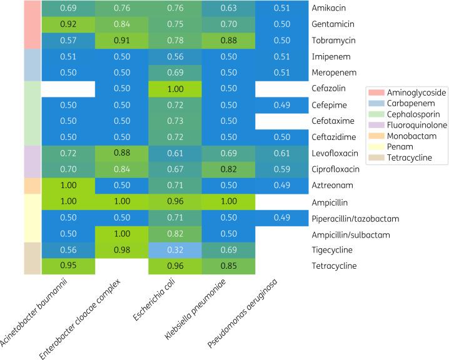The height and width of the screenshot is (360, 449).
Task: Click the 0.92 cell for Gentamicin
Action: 68,24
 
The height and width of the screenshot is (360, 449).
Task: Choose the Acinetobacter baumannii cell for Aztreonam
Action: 68,185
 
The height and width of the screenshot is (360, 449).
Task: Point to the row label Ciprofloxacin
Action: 336,169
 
